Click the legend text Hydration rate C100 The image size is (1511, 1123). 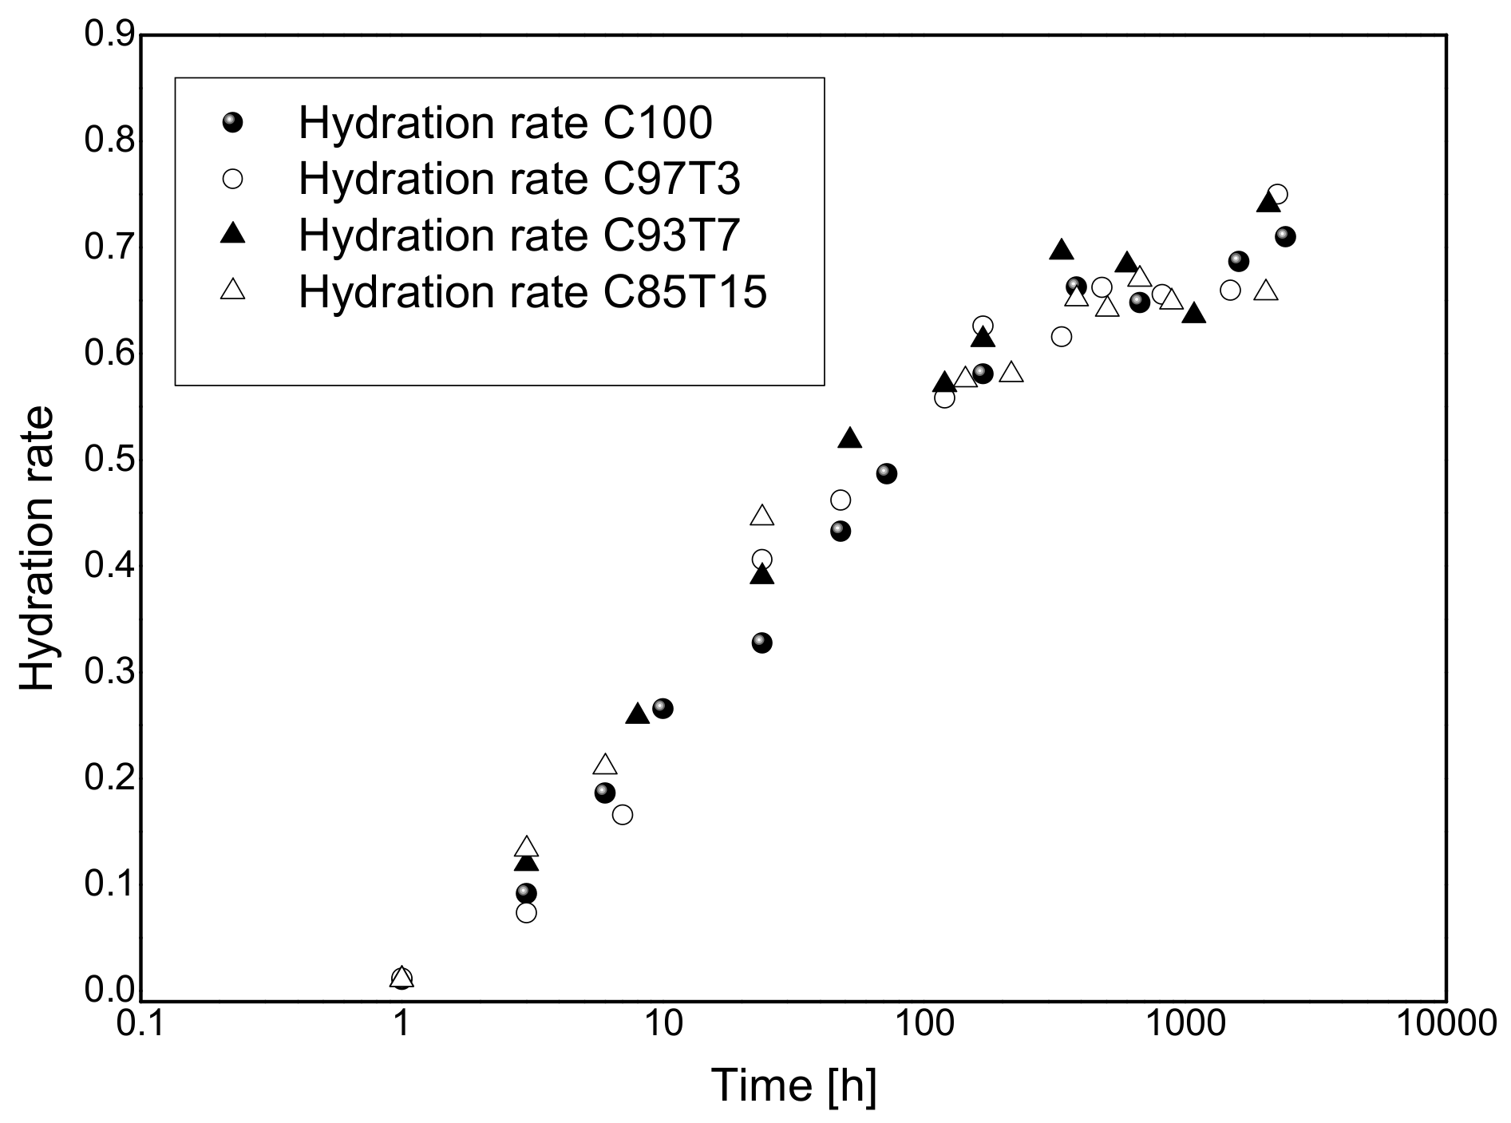[x=504, y=123]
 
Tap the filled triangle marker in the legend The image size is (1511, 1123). [x=233, y=234]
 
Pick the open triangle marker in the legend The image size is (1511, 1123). [x=233, y=289]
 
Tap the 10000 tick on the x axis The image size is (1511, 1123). [x=1446, y=1024]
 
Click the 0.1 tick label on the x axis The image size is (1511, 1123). [x=140, y=1024]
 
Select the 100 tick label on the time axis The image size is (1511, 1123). [x=924, y=1024]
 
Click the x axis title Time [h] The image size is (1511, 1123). [x=793, y=1085]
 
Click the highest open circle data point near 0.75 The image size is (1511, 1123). [x=1277, y=194]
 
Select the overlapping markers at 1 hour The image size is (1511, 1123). [x=401, y=978]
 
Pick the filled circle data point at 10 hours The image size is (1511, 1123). [x=663, y=708]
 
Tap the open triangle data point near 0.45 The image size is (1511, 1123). [x=762, y=516]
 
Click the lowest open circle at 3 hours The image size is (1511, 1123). [x=526, y=912]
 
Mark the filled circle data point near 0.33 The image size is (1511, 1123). [x=762, y=643]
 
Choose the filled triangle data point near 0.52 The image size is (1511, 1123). [x=851, y=438]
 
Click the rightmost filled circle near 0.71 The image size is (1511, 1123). [x=1285, y=236]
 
